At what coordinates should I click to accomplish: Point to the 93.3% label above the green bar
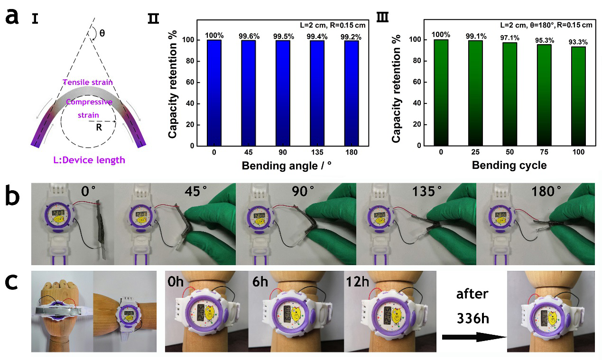[x=578, y=42]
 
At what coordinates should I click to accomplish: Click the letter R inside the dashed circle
[x=99, y=127]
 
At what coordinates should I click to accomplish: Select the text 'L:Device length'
[x=90, y=160]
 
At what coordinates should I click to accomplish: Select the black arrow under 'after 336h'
[x=472, y=337]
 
